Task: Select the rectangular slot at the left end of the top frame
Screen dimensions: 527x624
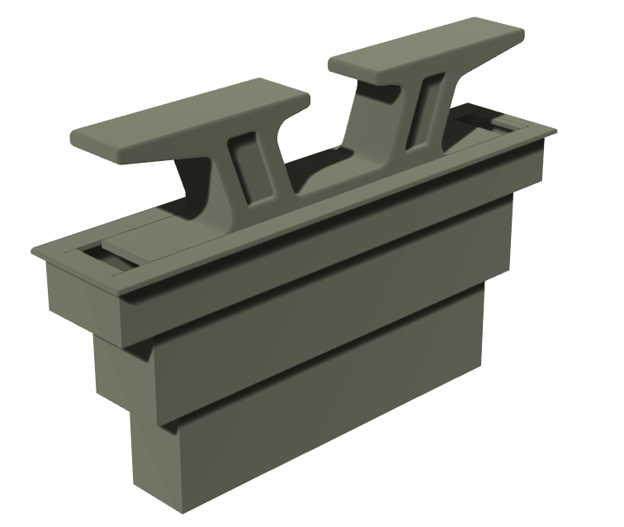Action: [107, 258]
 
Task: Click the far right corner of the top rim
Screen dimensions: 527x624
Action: [551, 130]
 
